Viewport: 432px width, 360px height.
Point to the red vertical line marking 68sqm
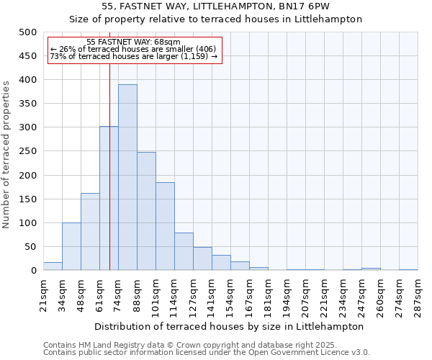tap(109, 144)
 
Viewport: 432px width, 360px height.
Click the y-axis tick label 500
tap(27, 32)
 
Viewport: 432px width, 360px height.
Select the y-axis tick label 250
tap(27, 152)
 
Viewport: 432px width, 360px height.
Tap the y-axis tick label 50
tap(30, 247)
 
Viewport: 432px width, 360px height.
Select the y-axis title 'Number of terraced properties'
tap(6, 154)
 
